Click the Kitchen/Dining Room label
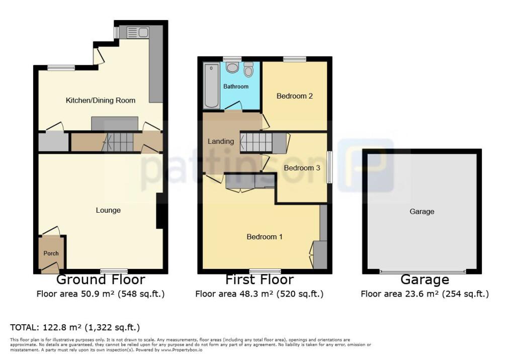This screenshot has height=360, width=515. coord(101,100)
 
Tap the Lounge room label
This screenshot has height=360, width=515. coord(108,210)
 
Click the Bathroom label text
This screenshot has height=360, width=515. coord(236,86)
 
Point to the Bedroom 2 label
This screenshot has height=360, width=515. coord(295,96)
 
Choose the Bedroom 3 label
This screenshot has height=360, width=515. coord(302,168)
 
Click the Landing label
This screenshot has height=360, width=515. coord(221,141)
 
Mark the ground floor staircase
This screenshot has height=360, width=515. coord(118,142)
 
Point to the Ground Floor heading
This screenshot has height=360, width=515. coord(101,280)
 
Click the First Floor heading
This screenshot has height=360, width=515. coord(260,280)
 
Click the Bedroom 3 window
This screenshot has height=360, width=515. coord(329,167)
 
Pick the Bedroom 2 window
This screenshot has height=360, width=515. coord(294,59)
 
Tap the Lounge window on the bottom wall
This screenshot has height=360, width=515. coord(114,271)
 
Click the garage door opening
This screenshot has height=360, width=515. coord(422,272)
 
